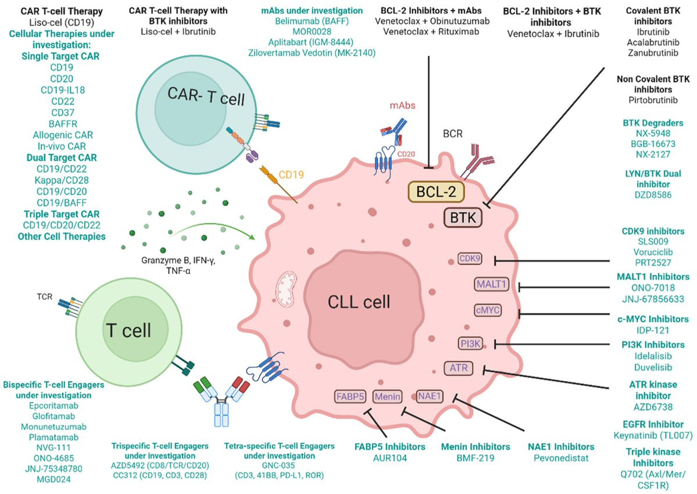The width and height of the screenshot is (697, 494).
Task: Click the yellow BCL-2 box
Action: pos(436,191)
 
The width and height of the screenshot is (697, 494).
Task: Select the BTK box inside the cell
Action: pos(463,218)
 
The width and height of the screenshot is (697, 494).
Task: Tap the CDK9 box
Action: pos(470,258)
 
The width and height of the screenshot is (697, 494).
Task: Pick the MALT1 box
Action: pos(491,284)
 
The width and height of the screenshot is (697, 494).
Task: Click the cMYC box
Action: pos(488,310)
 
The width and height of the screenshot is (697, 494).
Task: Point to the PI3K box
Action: pos(471,343)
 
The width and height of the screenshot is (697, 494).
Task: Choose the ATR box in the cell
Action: pos(458,368)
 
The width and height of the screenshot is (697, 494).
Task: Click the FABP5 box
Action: pos(351,396)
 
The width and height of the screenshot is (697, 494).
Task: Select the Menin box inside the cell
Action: pos(387,396)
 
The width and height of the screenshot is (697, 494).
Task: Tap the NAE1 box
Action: pos(429,396)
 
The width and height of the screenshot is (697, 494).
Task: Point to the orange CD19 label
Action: pos(291,175)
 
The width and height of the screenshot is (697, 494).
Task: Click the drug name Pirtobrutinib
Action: pos(653,100)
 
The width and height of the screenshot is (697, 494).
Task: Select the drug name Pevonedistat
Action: pos(561,458)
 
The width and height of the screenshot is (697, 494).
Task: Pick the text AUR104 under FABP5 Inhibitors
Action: pos(390,458)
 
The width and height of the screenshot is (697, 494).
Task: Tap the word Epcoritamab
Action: pos(53,406)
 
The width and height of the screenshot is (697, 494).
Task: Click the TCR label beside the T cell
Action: pos(44,297)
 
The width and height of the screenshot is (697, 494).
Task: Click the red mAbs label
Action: pos(402,105)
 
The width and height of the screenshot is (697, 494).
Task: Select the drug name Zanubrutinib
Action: pos(653,53)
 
